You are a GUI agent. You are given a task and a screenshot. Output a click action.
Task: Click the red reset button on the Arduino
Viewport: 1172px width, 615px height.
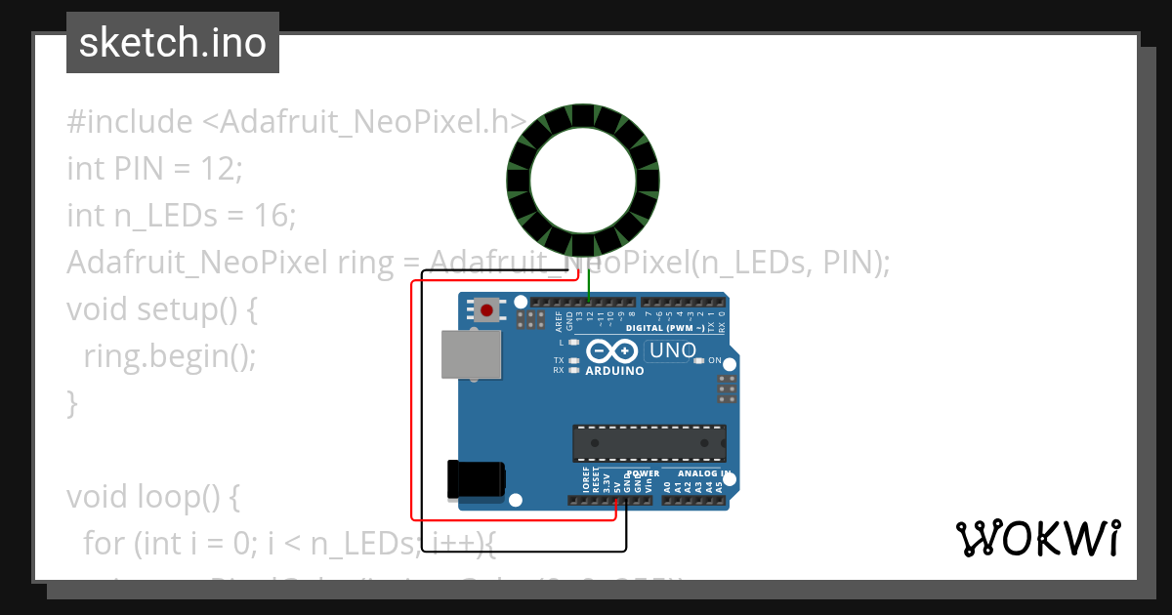pos(486,310)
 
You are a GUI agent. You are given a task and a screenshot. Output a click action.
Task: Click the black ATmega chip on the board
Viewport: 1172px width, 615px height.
pos(649,442)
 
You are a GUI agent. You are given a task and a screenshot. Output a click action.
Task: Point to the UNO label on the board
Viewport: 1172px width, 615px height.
pos(673,350)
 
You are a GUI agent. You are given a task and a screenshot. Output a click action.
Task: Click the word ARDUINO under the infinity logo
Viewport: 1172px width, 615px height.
pos(614,371)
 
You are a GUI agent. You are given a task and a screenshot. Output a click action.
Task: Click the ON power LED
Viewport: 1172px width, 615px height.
pos(699,361)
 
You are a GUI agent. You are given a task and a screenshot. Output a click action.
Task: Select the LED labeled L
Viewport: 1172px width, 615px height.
pos(574,343)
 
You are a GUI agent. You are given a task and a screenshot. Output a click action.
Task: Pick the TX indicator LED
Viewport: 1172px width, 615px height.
pos(574,360)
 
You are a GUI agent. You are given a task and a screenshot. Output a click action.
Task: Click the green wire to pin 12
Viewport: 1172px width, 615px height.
pos(589,283)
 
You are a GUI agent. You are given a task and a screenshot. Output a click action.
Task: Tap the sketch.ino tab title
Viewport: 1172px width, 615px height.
pos(173,43)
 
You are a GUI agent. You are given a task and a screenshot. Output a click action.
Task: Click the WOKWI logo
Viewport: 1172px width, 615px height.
pos(1037,538)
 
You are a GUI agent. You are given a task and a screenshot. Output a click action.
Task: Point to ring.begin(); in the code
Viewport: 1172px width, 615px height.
pos(169,355)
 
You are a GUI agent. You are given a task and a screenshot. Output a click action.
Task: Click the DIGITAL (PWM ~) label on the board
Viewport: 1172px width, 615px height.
pos(665,328)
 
